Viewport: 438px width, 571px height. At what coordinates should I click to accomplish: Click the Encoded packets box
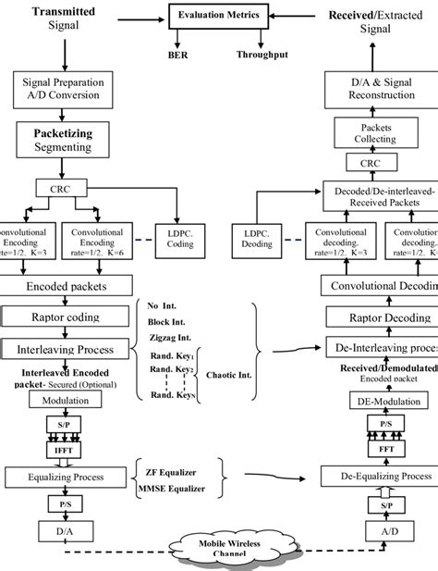pyautogui.click(x=65, y=287)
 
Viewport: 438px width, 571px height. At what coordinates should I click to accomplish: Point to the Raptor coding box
pyautogui.click(x=65, y=317)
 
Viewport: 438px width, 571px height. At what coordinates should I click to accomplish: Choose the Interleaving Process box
pyautogui.click(x=65, y=349)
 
